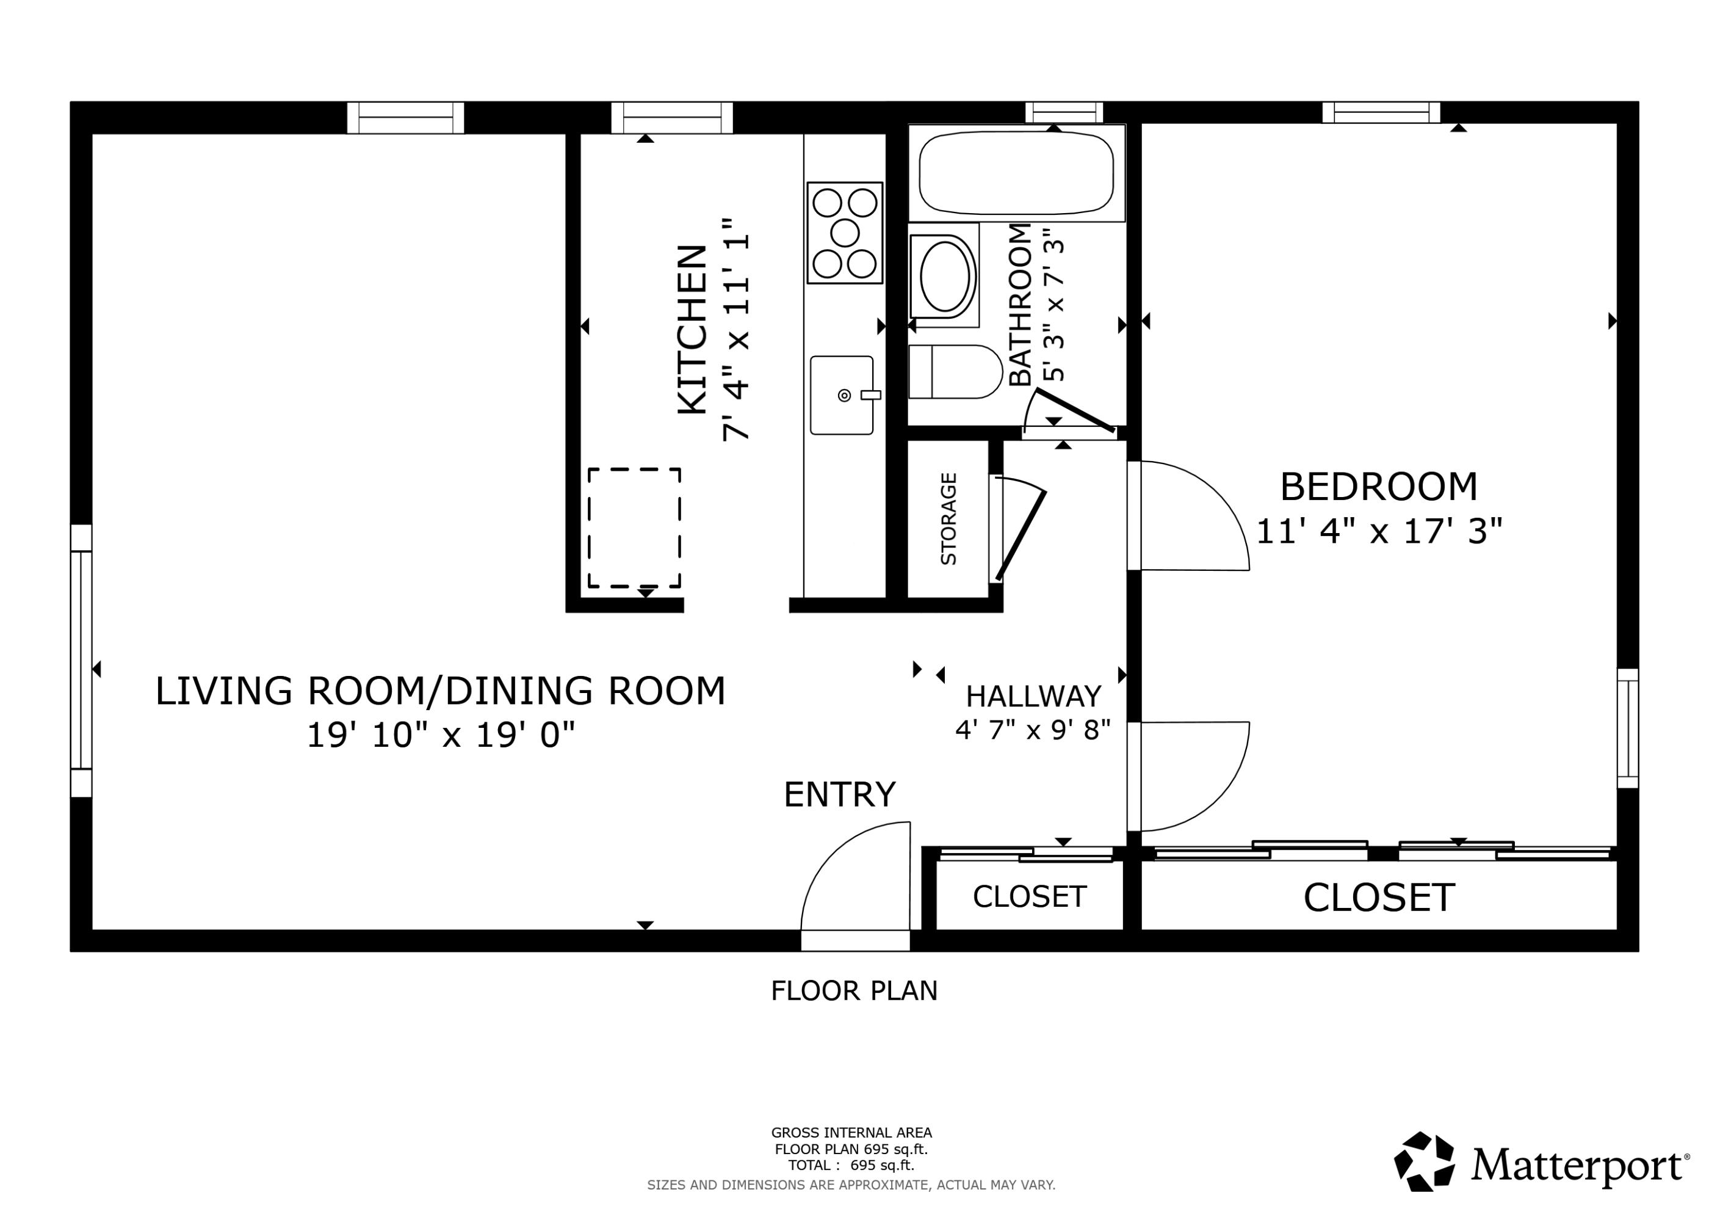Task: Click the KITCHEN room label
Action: [x=692, y=329]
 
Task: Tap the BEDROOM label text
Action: [x=1379, y=487]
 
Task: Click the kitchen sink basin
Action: [x=841, y=395]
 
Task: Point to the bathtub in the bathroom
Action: [x=1016, y=173]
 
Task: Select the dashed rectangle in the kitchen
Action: [x=634, y=528]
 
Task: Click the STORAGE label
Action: [x=948, y=519]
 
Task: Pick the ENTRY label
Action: [x=840, y=794]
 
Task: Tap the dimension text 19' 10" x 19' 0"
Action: [x=441, y=736]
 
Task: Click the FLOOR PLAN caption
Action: [x=854, y=991]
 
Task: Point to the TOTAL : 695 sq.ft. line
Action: [x=851, y=1165]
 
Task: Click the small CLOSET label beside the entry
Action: [x=1030, y=897]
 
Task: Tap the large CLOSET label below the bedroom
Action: [x=1379, y=898]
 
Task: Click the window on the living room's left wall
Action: [x=81, y=660]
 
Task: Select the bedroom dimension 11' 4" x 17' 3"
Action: [x=1379, y=532]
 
